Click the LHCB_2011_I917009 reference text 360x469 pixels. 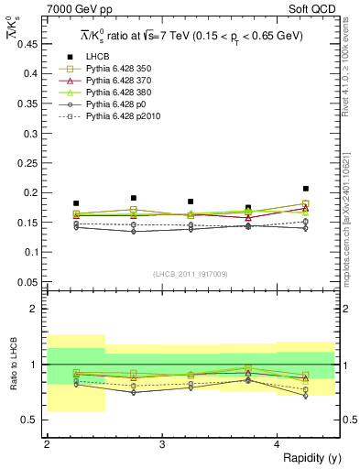tap(191, 274)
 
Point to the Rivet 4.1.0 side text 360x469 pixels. tap(349, 87)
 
